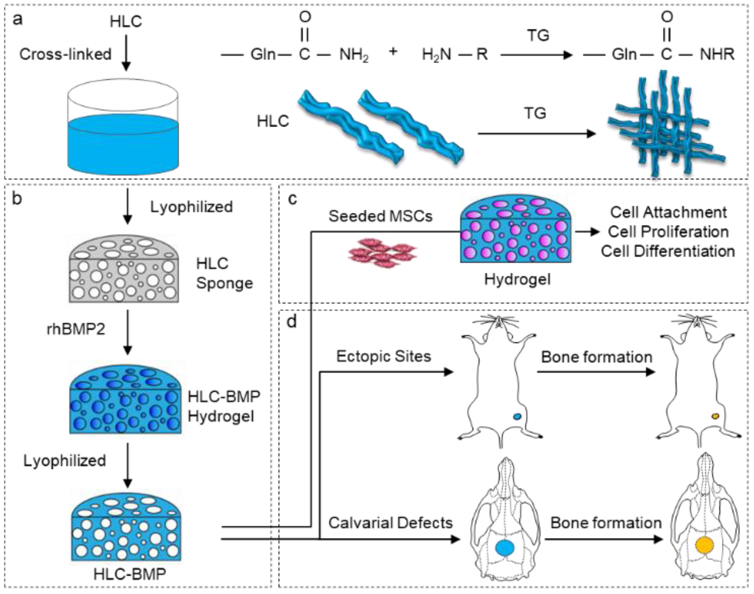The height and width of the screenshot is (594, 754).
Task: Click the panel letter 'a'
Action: point(17,19)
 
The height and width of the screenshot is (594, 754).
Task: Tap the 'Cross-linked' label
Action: point(65,54)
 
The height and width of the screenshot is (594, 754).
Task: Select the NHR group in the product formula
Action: point(717,54)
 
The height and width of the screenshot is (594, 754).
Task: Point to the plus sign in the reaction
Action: point(393,51)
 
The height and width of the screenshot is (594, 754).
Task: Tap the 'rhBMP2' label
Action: point(76,329)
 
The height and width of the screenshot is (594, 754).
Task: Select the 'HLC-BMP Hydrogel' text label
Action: point(224,406)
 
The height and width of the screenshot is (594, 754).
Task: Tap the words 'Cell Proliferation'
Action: point(668,232)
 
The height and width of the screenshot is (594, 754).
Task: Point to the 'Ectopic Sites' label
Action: point(383,356)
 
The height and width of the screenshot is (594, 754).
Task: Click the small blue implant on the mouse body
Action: point(517,417)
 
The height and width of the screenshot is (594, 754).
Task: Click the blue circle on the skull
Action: point(504,548)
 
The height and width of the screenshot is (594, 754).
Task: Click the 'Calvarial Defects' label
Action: point(390,523)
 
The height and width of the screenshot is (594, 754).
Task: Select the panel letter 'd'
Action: point(291,322)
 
